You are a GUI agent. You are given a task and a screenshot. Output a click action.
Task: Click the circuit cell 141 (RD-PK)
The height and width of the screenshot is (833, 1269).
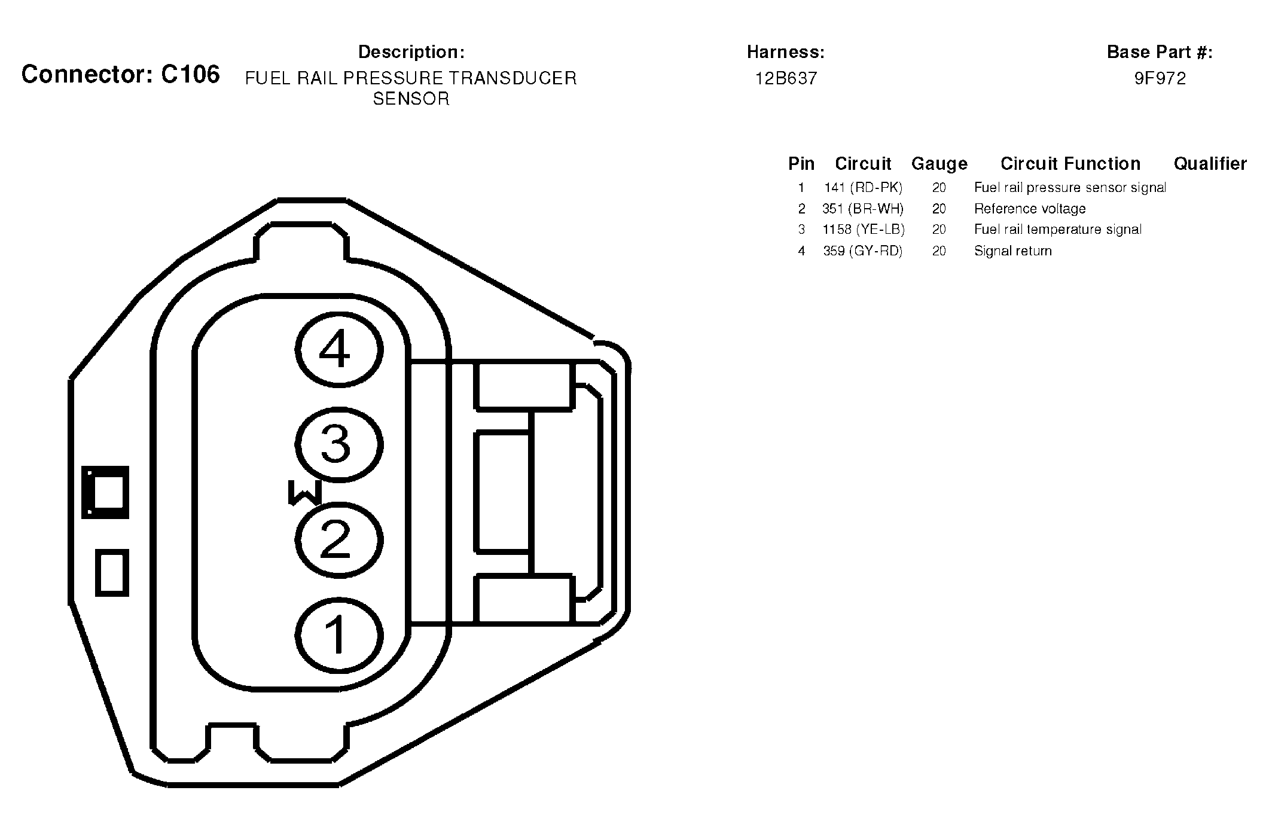point(863,188)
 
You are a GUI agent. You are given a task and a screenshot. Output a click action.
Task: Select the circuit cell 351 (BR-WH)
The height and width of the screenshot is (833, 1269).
point(863,209)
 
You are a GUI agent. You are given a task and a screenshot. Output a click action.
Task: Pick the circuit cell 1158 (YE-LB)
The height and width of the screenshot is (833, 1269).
point(864,230)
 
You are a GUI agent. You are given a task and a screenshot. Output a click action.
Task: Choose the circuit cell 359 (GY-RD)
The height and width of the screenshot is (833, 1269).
point(863,251)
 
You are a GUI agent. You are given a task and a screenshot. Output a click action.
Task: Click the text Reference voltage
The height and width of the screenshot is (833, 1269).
point(1030,209)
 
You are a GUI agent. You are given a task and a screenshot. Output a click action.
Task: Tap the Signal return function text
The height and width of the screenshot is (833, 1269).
point(1013,251)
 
